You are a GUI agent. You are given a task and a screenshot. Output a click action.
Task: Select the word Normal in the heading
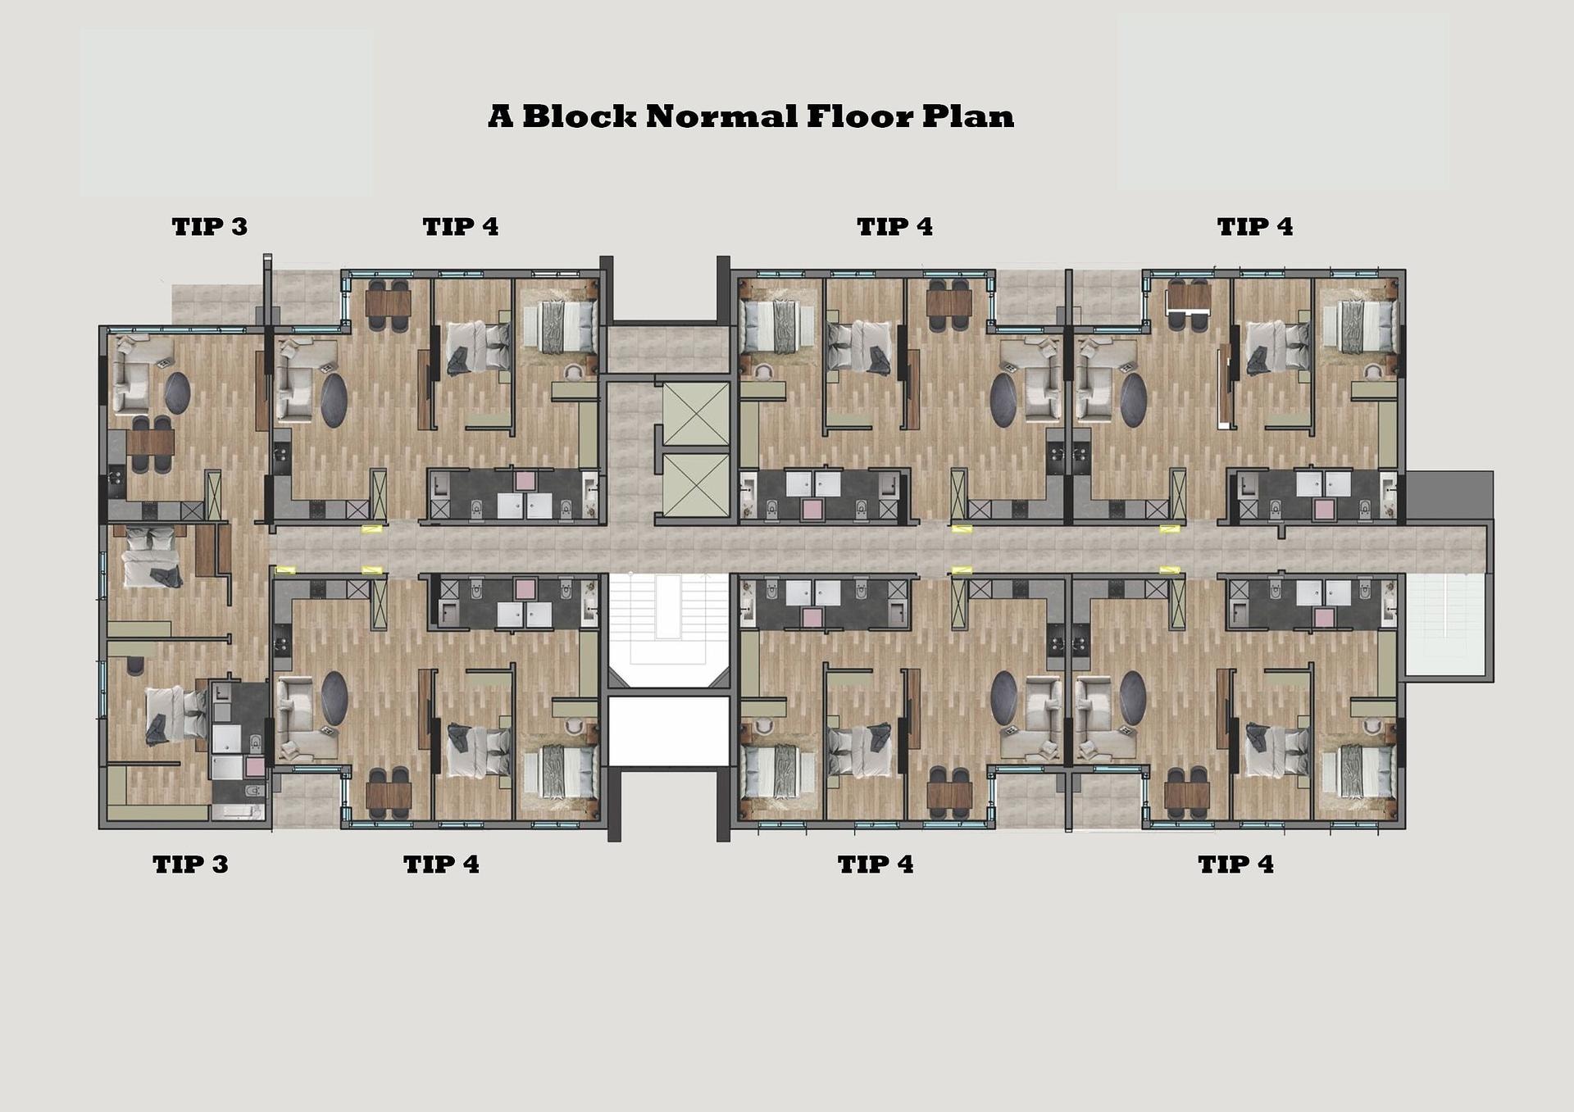coord(721,116)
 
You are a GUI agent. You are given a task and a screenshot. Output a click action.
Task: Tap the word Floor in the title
coord(860,116)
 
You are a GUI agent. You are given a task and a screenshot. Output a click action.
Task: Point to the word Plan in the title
coord(968,116)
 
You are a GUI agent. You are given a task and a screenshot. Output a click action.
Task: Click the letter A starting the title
coord(501,116)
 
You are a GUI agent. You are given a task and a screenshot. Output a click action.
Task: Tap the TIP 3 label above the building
coord(209,227)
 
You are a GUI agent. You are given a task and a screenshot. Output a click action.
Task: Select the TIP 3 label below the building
coord(190,865)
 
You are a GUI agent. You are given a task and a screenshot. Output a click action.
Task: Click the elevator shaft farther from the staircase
coord(695,415)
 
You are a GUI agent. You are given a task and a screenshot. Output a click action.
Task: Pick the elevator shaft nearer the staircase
coord(695,484)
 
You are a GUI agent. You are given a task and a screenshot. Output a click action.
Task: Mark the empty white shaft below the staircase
coord(668,731)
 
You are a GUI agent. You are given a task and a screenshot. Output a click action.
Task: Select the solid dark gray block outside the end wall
coord(1449,496)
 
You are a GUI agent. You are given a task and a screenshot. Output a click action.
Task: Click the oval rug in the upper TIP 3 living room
coord(178,393)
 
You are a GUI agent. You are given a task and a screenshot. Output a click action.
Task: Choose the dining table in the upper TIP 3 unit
coord(151,443)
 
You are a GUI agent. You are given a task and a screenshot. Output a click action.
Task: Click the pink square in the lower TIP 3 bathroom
coord(255,767)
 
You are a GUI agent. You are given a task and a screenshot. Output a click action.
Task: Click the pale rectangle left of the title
coord(226,113)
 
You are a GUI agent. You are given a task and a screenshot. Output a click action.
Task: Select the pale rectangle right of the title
coord(1282,102)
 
